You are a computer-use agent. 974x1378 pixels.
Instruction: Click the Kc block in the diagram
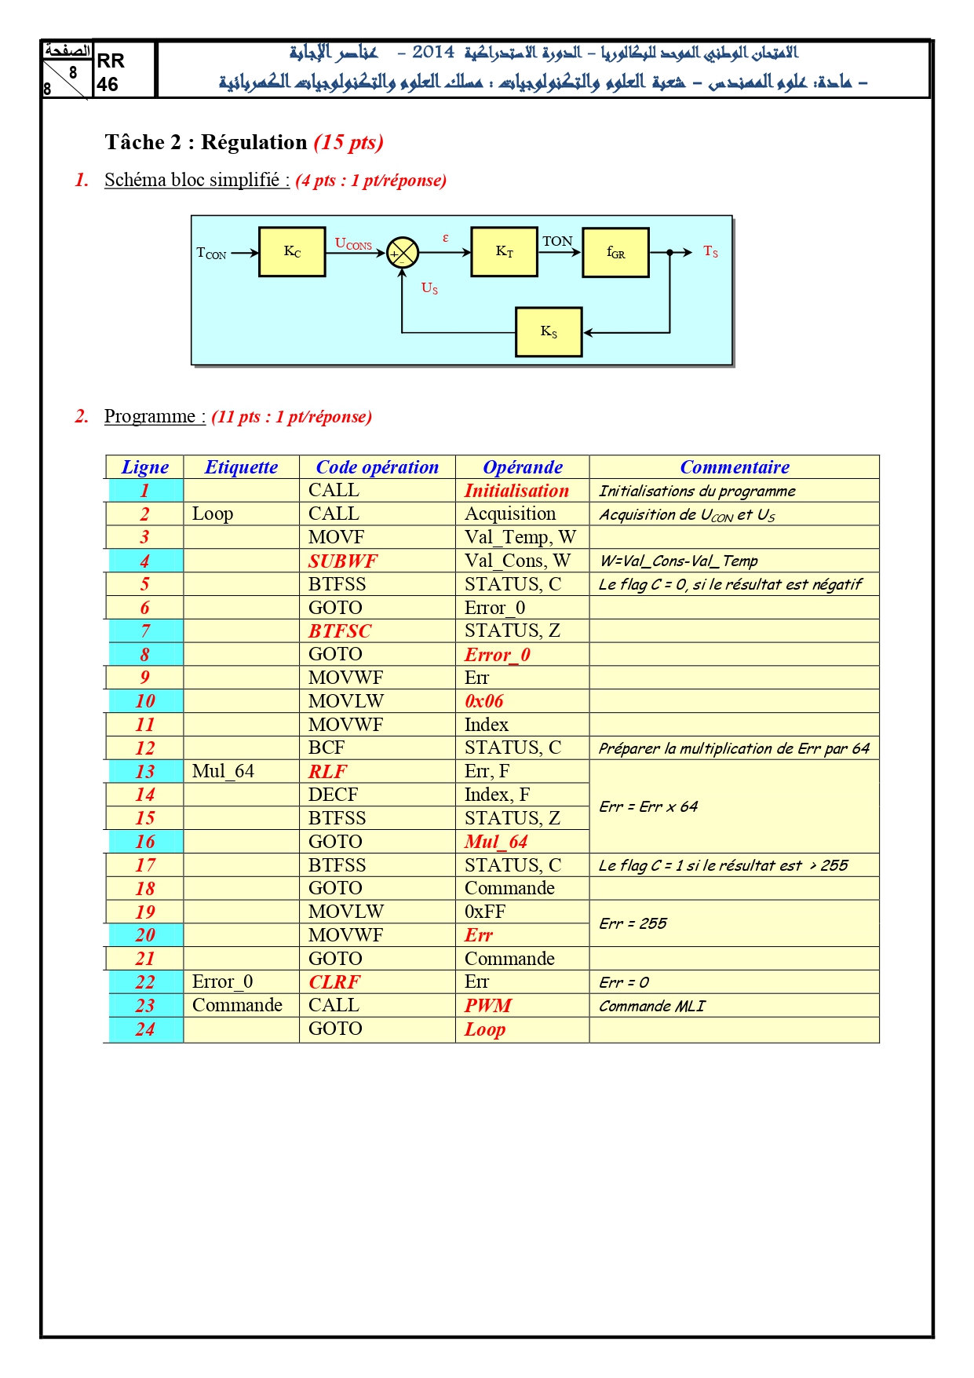[292, 252]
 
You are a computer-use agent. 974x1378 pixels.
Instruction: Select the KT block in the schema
[504, 252]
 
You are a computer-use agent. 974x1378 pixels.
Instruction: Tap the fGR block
[615, 253]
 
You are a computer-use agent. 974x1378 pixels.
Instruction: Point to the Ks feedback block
[549, 332]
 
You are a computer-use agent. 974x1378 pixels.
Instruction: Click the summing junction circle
[403, 253]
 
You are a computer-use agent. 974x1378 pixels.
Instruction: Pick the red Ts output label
[710, 251]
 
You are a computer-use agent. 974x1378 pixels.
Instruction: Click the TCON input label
[211, 253]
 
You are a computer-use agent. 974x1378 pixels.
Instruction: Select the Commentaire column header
[735, 467]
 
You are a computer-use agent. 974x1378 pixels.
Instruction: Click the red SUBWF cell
[342, 561]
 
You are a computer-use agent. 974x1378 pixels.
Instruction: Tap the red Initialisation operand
[516, 491]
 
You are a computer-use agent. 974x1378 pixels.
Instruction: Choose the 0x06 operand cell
[483, 701]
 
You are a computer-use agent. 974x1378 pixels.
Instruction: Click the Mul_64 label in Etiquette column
[223, 771]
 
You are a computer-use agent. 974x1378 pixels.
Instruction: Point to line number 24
[145, 1029]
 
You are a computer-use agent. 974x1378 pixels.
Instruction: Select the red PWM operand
[487, 1006]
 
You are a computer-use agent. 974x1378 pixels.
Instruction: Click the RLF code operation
[327, 772]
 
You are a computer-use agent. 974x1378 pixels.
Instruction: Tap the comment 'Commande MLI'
[651, 1006]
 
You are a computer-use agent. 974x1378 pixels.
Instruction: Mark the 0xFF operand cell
[485, 912]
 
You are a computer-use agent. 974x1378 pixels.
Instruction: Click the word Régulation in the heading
[254, 142]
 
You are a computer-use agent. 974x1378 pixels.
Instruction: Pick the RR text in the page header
[111, 61]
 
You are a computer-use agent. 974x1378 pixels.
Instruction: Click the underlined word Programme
[150, 416]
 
